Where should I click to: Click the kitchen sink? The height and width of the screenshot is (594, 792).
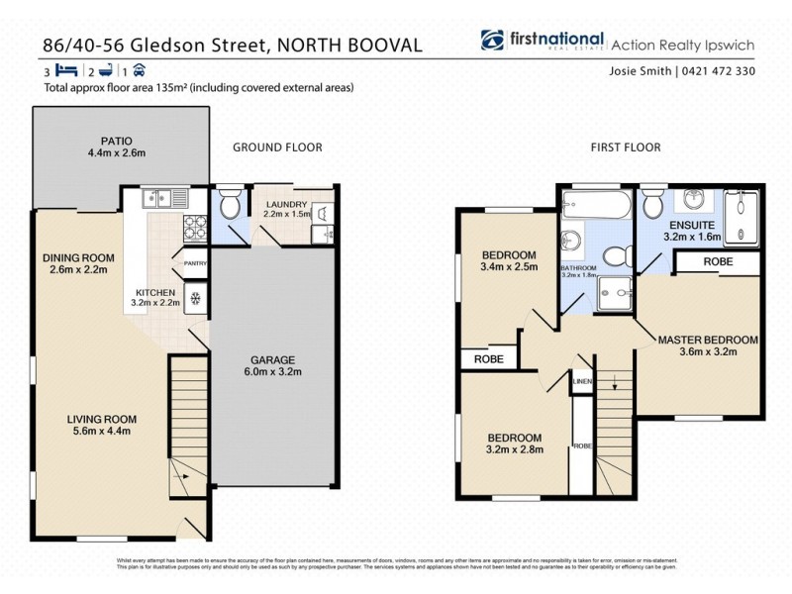pyautogui.click(x=164, y=198)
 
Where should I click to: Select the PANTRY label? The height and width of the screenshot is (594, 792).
pyautogui.click(x=194, y=262)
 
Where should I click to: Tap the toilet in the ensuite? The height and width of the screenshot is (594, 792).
pyautogui.click(x=652, y=205)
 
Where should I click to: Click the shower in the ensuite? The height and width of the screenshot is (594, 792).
pyautogui.click(x=742, y=215)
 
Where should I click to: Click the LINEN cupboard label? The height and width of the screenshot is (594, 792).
pyautogui.click(x=582, y=381)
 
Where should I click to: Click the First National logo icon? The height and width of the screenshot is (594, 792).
pyautogui.click(x=492, y=41)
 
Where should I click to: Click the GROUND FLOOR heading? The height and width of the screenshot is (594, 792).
pyautogui.click(x=277, y=148)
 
